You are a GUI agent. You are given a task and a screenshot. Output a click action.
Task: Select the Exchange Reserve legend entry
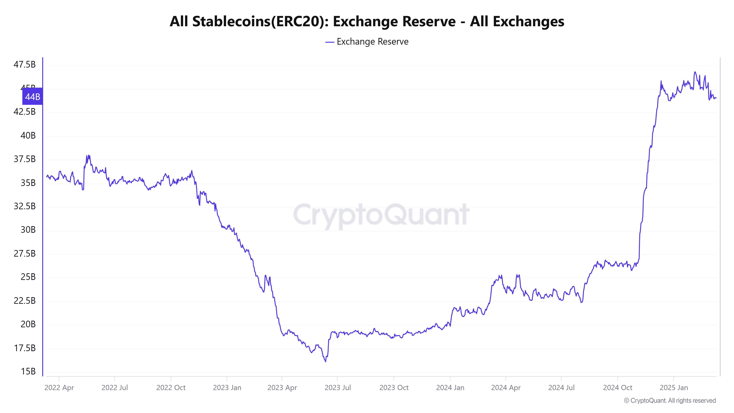(367, 42)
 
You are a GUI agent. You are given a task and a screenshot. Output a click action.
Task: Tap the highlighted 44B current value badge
(32, 97)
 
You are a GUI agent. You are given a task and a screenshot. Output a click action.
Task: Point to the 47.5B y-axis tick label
(25, 65)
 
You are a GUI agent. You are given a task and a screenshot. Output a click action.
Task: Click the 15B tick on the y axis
(28, 371)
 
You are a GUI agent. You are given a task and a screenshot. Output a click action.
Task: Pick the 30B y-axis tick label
(28, 230)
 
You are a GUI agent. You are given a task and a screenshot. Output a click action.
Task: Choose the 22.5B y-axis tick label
(25, 301)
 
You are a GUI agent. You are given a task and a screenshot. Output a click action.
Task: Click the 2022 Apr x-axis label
(59, 388)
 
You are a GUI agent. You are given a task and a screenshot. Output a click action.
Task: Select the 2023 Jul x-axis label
(338, 388)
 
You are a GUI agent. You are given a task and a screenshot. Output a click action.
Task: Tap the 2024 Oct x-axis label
(617, 388)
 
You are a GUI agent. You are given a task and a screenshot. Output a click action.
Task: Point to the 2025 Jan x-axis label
(674, 388)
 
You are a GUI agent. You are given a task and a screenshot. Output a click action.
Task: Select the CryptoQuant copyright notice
(670, 401)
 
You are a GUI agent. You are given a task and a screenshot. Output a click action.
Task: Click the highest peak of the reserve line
(695, 72)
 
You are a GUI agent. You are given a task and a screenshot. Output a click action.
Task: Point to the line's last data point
(716, 98)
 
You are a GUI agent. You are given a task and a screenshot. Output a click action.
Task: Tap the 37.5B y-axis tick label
(25, 159)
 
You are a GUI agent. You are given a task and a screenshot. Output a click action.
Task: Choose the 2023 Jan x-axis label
(227, 388)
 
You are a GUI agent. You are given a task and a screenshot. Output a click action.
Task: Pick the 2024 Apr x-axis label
(506, 388)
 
